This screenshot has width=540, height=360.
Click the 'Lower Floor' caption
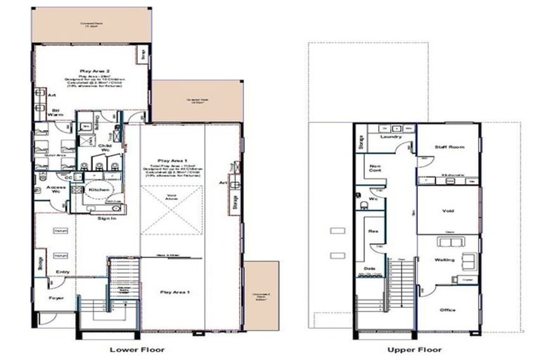tap(136, 349)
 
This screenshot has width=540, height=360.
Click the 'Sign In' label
tap(106, 219)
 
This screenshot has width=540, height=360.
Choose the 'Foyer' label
tap(56, 298)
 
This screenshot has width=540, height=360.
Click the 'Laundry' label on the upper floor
tap(390, 137)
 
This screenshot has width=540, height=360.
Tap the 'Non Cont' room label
tap(375, 168)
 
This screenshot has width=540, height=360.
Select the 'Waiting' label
tap(444, 259)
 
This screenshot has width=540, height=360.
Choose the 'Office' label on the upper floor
tap(448, 309)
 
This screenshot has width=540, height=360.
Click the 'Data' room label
tap(369, 268)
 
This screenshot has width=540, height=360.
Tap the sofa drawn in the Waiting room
tap(449, 243)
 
